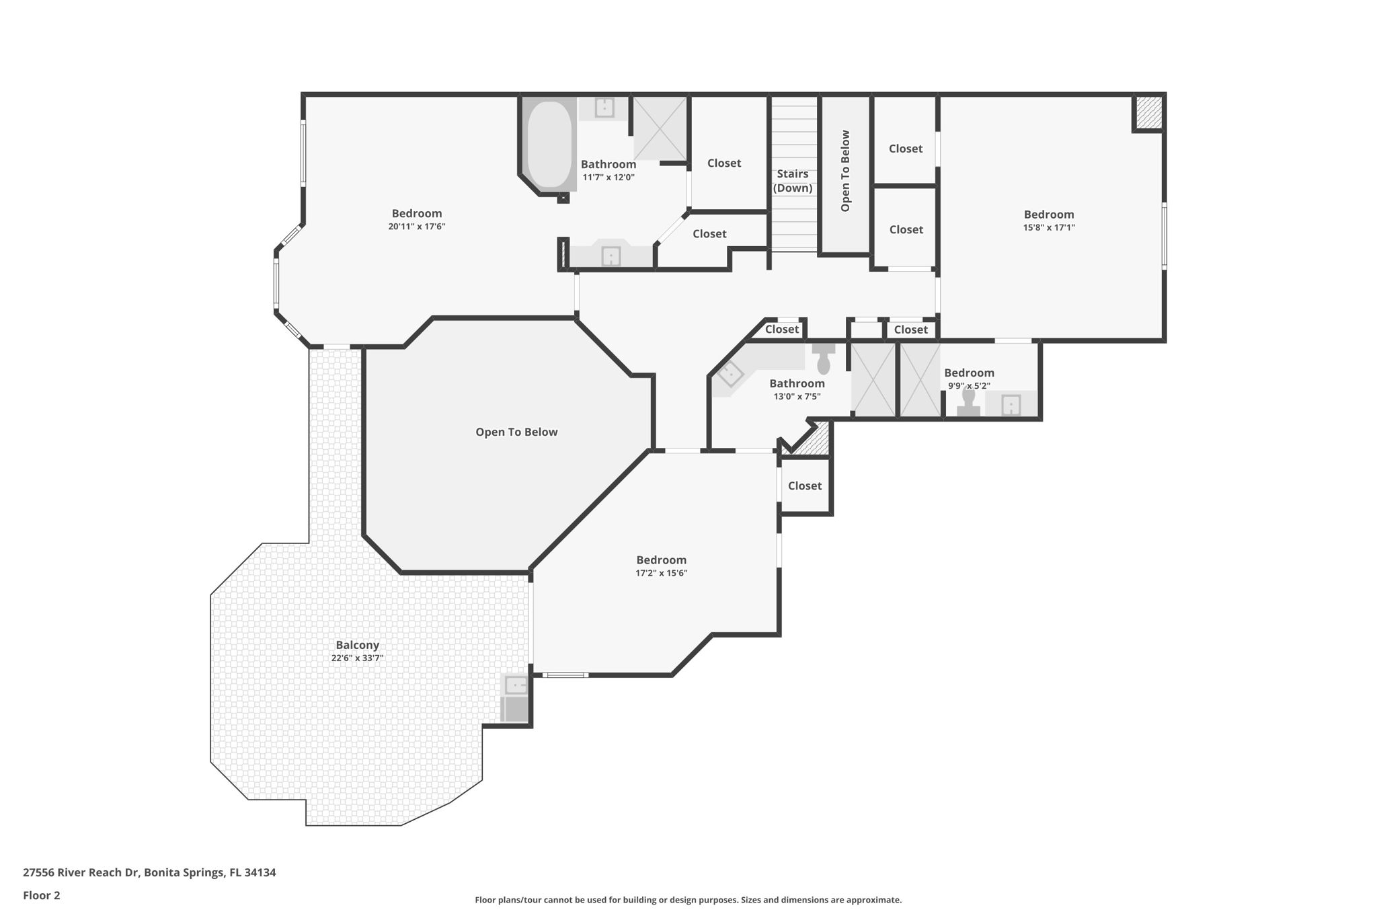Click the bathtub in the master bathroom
coord(549,144)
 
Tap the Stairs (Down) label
coord(793,181)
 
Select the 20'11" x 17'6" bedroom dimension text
coord(416,227)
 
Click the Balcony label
coord(357,645)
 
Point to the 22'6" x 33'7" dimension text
coord(357,658)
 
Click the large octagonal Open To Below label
coord(516,432)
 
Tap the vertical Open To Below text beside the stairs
coord(845,171)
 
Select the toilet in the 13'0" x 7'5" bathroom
coord(823,360)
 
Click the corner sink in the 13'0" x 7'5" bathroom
coord(730,374)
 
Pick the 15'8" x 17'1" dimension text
coord(1049,227)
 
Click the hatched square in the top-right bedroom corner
coord(1148,112)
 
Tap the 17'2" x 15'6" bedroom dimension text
coord(661,573)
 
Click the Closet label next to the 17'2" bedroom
coord(804,486)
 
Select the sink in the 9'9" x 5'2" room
coord(1011,405)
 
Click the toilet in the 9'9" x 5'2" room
coord(968,401)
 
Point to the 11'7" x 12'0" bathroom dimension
coord(608,178)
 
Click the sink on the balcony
coord(516,686)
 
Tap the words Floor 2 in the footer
coord(42,895)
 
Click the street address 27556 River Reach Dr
coord(81,872)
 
